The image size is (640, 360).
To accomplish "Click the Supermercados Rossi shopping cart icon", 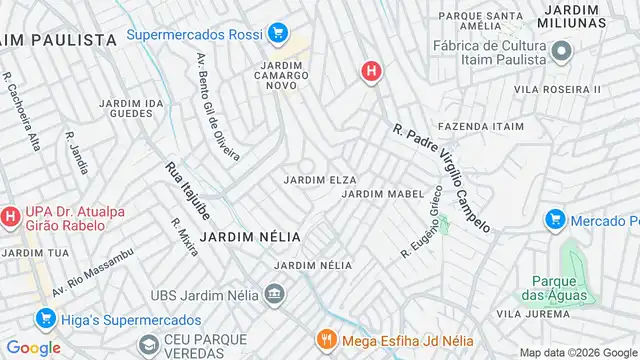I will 279,35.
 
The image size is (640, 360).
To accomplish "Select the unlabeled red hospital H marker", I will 371,71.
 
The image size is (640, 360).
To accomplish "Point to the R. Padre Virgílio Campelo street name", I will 441,178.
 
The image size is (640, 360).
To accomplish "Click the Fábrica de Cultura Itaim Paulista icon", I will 561,51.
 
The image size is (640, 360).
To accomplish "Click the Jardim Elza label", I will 320,179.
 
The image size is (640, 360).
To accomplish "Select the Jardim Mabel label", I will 377,193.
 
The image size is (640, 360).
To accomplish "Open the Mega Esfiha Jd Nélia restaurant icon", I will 325,339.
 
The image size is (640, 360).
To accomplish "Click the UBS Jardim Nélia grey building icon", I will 273,295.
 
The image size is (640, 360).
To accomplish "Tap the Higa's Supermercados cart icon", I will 44,319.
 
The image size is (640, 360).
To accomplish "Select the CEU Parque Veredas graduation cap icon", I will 149,344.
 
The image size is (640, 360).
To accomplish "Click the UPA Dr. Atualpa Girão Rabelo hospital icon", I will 10,215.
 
